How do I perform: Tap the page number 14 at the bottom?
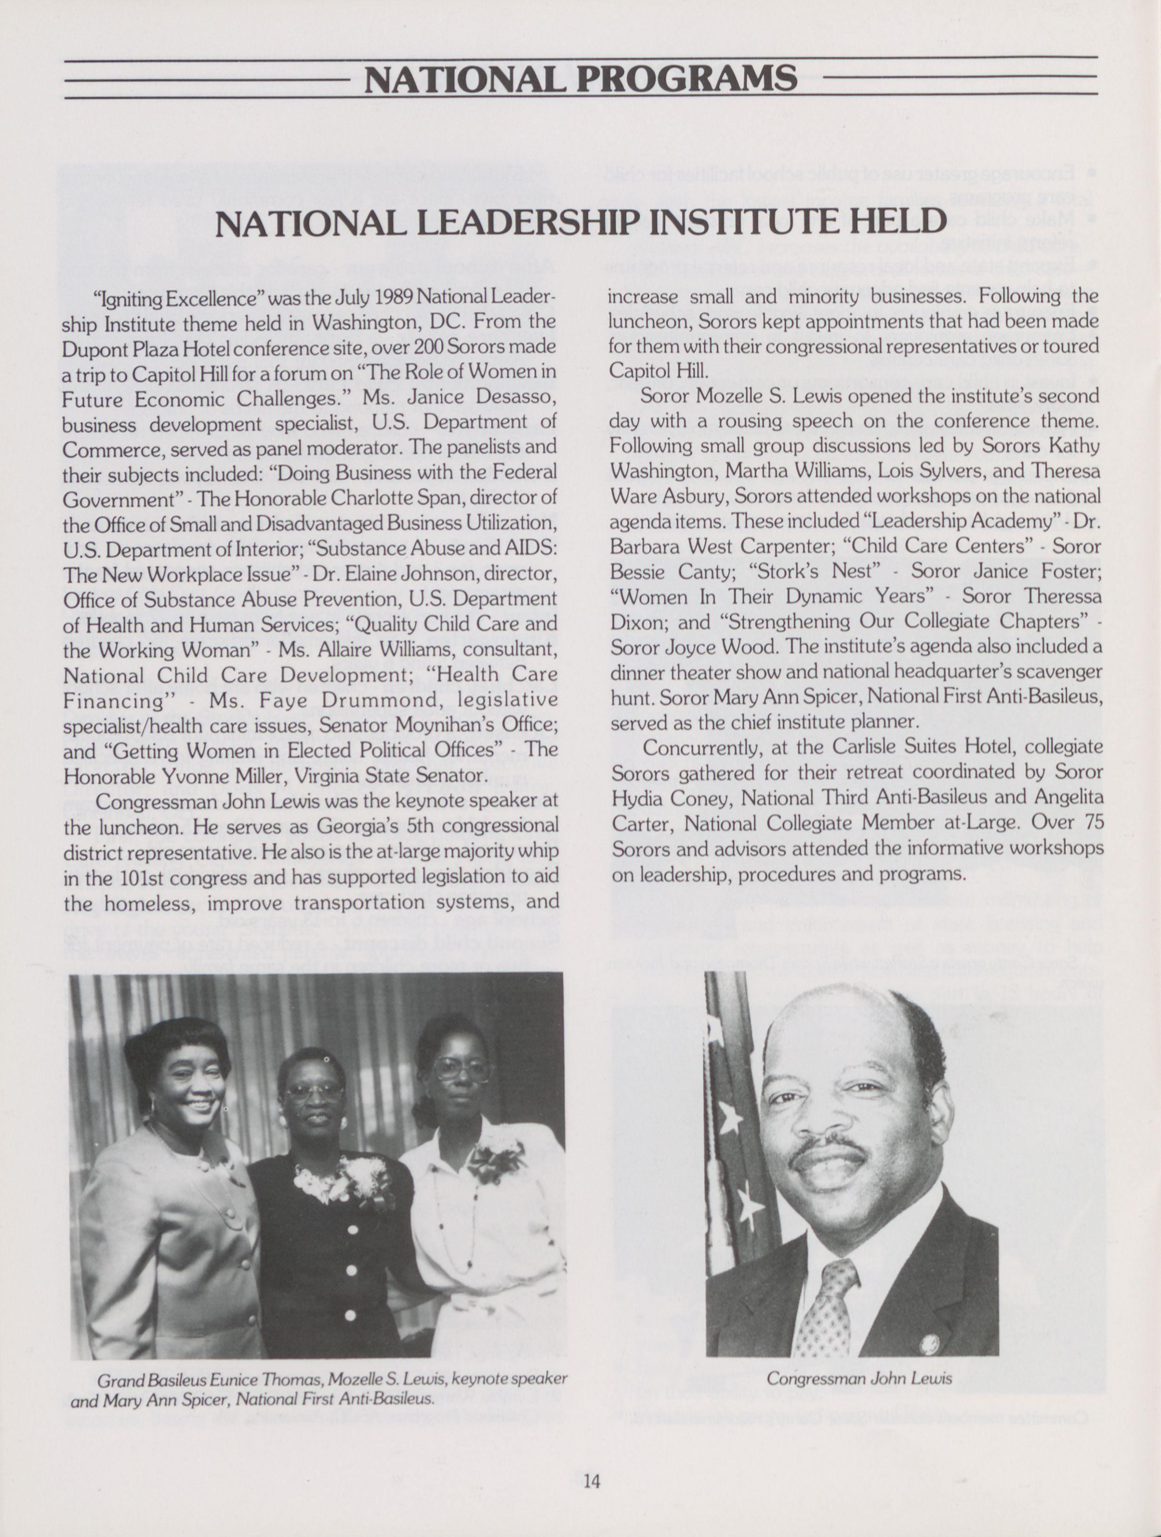point(592,1481)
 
